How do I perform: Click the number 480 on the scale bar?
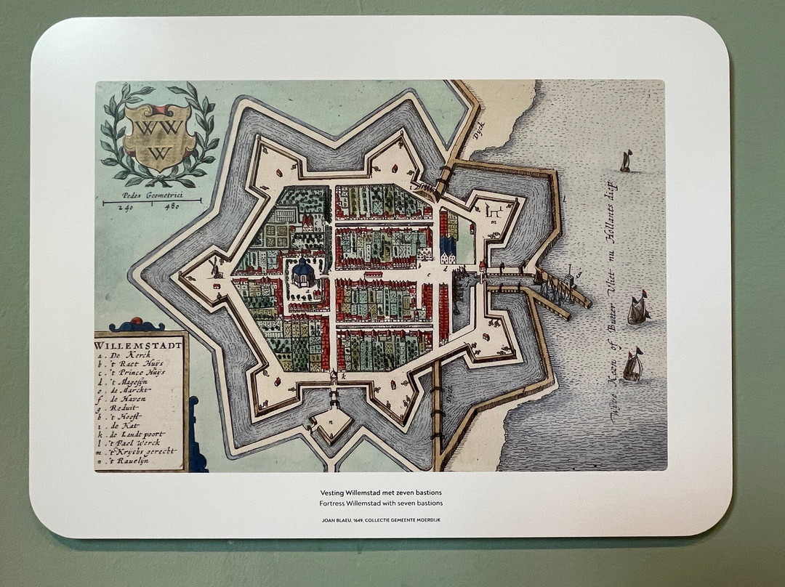click(x=172, y=206)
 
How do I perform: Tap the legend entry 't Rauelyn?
click(x=126, y=461)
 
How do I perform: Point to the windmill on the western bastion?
click(x=214, y=267)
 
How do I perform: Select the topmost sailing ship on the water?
click(x=626, y=161)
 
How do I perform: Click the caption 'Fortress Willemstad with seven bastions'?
click(x=381, y=503)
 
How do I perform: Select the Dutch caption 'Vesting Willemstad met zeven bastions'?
click(x=381, y=492)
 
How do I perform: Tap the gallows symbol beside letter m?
click(x=494, y=210)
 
